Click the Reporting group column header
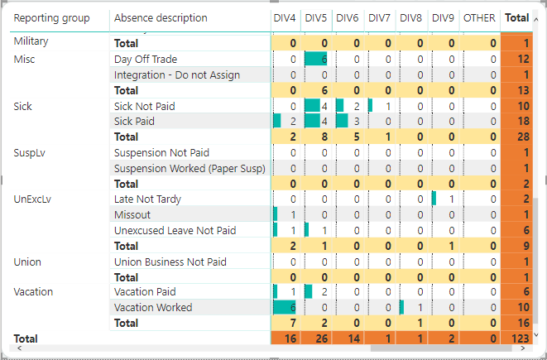pyautogui.click(x=52, y=18)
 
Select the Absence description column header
pyautogui.click(x=161, y=18)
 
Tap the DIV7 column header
pyautogui.click(x=380, y=18)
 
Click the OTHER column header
pyautogui.click(x=479, y=18)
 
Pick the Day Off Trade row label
pyautogui.click(x=146, y=59)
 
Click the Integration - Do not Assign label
pyautogui.click(x=177, y=75)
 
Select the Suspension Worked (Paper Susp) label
pyautogui.click(x=190, y=169)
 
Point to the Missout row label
pyautogui.click(x=132, y=215)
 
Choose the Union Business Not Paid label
pyautogui.click(x=170, y=262)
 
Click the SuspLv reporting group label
pyautogui.click(x=31, y=153)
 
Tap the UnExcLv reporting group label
pyautogui.click(x=34, y=199)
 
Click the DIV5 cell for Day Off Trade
pyautogui.click(x=318, y=59)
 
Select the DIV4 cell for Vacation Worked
pyautogui.click(x=285, y=308)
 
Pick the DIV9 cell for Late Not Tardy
pyautogui.click(x=444, y=199)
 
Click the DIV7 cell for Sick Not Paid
pyautogui.click(x=381, y=106)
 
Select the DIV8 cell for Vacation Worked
pyautogui.click(x=412, y=308)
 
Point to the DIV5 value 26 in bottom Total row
pyautogui.click(x=318, y=339)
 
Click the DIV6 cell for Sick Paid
pyautogui.click(x=349, y=122)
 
